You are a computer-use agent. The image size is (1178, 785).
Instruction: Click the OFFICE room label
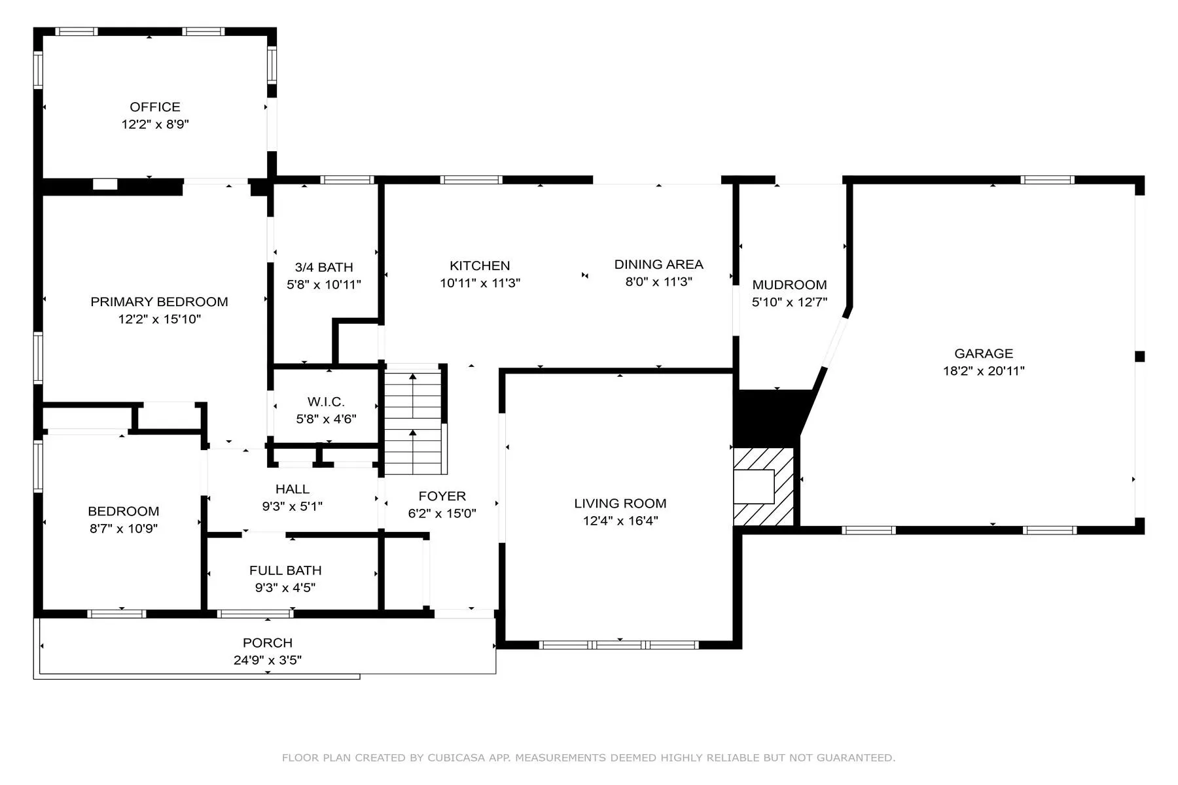[x=155, y=107]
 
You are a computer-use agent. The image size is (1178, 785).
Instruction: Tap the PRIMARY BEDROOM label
[x=159, y=302]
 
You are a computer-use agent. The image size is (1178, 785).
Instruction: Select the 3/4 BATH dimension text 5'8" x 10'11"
[x=324, y=285]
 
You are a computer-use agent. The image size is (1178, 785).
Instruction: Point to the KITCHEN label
[x=480, y=266]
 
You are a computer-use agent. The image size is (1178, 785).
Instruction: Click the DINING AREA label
[x=658, y=264]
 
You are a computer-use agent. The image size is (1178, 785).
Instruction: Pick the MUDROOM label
[x=789, y=285]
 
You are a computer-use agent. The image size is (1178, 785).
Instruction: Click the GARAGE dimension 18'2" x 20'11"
[x=984, y=371]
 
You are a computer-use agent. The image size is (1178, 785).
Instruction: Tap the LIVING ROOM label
[x=620, y=503]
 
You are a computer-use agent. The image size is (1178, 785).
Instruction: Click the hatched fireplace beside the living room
[x=763, y=487]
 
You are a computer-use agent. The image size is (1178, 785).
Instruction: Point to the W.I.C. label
[x=326, y=402]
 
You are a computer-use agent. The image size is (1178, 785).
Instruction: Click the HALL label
[x=293, y=489]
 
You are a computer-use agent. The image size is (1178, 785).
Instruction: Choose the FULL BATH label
[x=285, y=570]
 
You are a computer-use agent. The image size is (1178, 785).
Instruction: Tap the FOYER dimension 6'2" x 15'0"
[x=442, y=514]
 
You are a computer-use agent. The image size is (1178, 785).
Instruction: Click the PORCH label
[x=268, y=643]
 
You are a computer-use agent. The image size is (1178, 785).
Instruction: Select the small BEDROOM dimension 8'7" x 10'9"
[x=124, y=529]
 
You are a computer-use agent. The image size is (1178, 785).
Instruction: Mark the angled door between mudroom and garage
[x=835, y=343]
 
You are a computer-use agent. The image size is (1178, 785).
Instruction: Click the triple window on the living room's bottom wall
[x=619, y=645]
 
